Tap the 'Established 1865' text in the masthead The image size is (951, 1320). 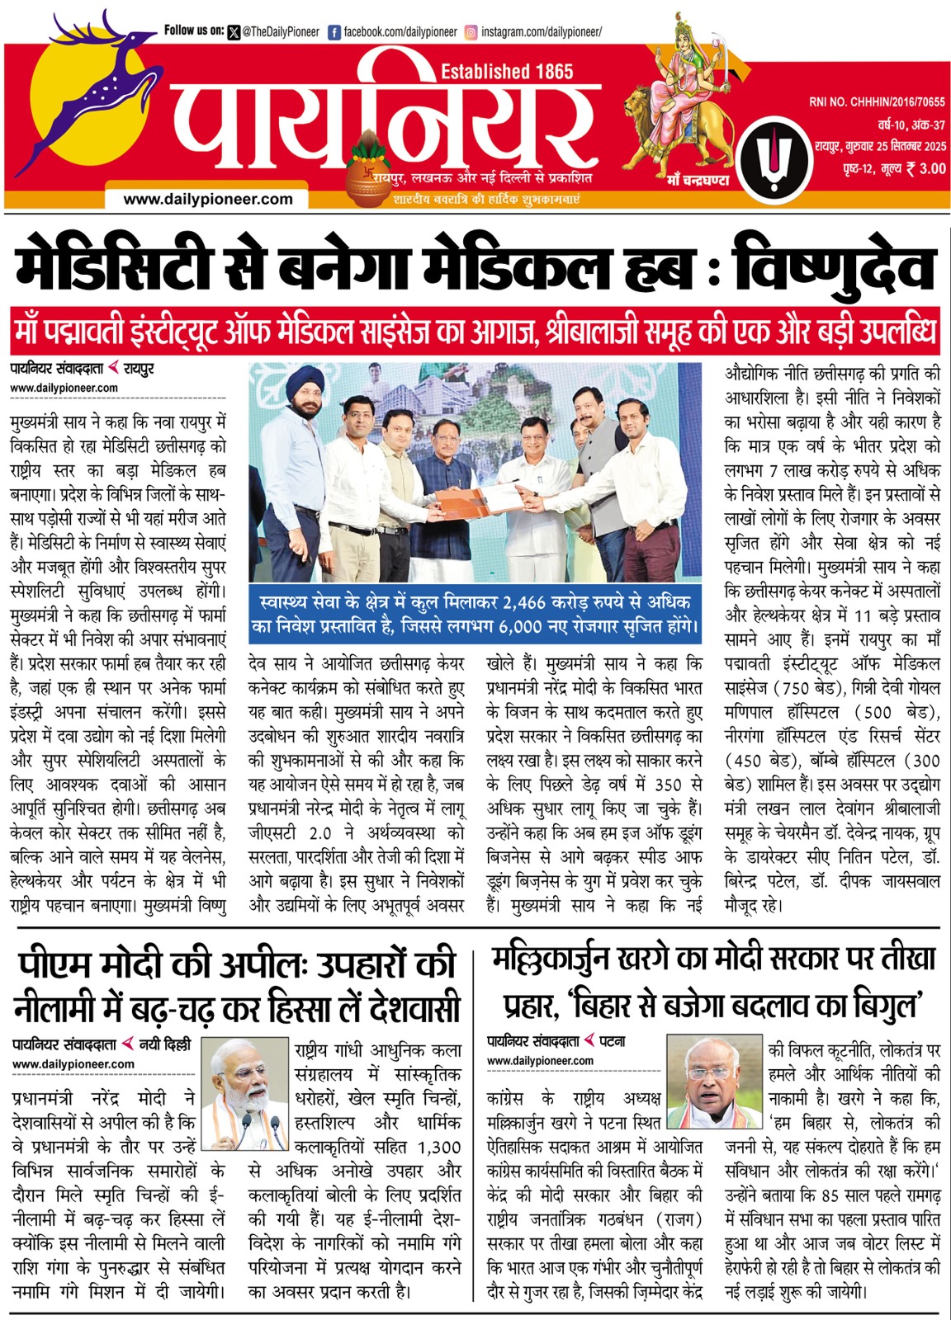507,72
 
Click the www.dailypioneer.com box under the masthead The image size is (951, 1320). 207,199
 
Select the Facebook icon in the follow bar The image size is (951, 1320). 334,32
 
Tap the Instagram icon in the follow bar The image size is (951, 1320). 471,32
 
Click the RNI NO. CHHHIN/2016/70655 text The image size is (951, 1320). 877,102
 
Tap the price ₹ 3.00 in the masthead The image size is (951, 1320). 925,168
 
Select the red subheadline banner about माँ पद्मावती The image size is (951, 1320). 475,332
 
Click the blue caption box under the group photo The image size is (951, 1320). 475,614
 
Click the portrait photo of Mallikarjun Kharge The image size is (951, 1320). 715,1082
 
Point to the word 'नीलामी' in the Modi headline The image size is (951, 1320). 63,1007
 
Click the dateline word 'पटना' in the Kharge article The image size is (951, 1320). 612,1042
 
